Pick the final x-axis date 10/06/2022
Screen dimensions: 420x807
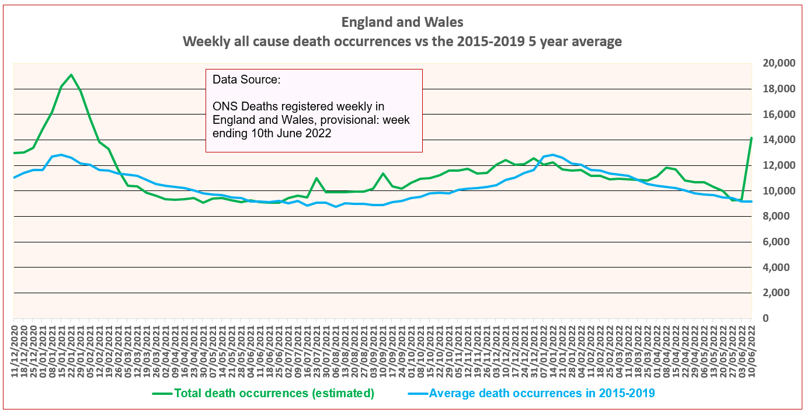[752, 350]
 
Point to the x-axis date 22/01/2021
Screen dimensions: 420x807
[71, 350]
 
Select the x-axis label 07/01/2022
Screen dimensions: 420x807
[544, 350]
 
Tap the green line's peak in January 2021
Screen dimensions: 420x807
[71, 75]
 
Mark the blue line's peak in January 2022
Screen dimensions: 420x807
[552, 155]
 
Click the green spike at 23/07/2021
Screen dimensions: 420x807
[316, 178]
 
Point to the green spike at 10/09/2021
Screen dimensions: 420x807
[383, 173]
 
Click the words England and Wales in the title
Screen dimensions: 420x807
[402, 23]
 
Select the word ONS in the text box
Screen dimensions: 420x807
[225, 106]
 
